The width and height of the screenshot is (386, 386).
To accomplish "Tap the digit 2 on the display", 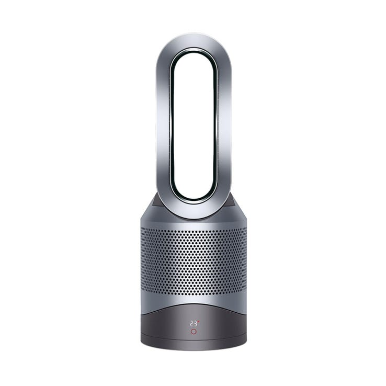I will tap(191, 324).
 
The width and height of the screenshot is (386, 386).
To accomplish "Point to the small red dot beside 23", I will tap(198, 322).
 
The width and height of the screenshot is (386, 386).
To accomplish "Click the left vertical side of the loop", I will tap(163, 126).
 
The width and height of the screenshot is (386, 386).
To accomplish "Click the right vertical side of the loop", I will tap(223, 126).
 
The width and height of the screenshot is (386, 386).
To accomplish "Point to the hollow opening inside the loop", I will tap(193, 126).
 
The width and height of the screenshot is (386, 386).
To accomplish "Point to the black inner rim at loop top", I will tap(193, 51).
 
